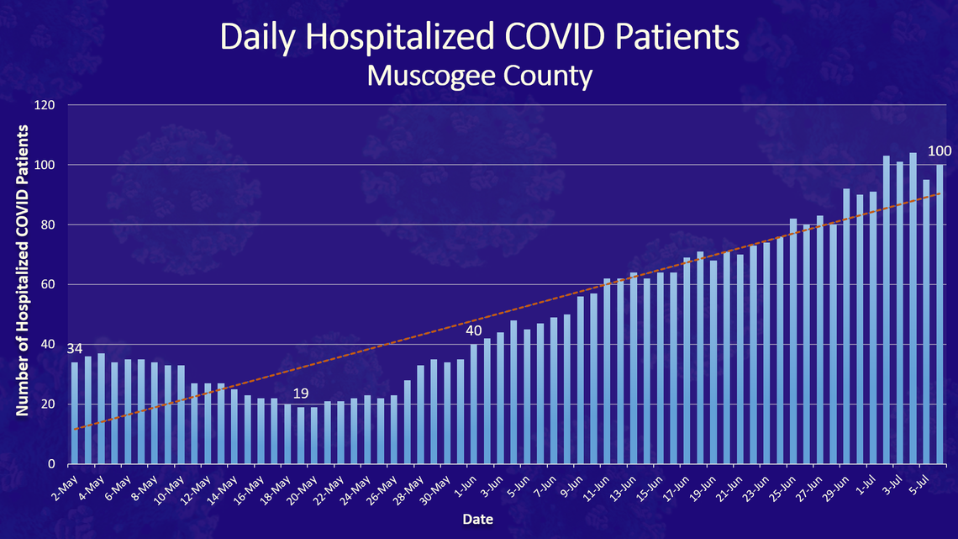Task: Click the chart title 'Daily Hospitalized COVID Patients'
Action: point(480,38)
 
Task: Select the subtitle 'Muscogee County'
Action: point(480,76)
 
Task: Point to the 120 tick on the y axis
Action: point(46,105)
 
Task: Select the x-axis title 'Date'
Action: point(477,520)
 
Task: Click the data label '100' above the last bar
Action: point(940,151)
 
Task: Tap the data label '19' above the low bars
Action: point(301,394)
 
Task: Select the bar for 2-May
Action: point(75,413)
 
